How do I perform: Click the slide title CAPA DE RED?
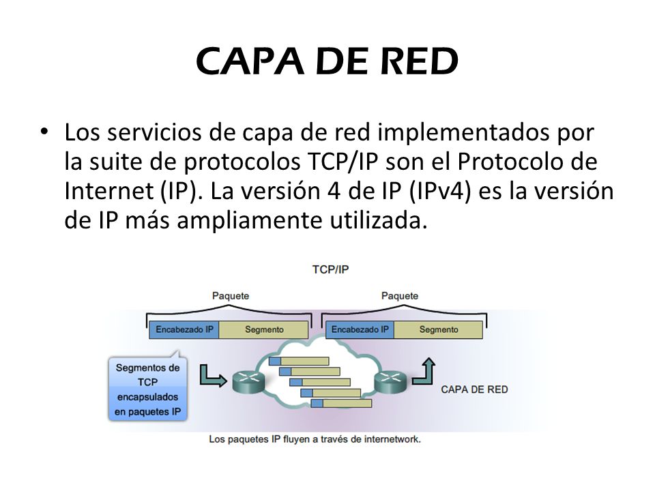point(327,62)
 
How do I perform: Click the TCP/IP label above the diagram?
point(330,269)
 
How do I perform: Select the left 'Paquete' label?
point(230,295)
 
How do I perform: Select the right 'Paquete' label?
point(400,295)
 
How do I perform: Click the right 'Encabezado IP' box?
point(360,330)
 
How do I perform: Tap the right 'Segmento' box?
point(438,330)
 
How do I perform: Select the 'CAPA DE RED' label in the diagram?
point(474,389)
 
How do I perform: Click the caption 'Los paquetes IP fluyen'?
point(315,439)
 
